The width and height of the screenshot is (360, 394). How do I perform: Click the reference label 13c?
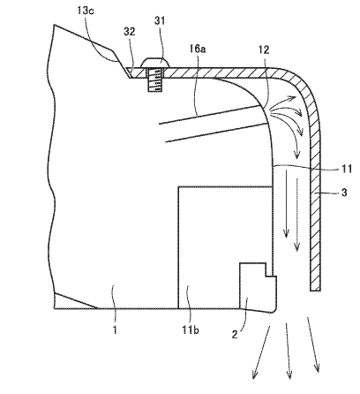pyautogui.click(x=86, y=11)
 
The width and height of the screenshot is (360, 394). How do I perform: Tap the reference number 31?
pyautogui.click(x=160, y=21)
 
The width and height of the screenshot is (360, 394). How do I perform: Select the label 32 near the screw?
pyautogui.click(x=130, y=32)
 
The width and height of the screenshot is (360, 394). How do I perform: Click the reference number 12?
pyautogui.click(x=264, y=50)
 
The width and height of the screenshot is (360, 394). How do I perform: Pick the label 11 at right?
pyautogui.click(x=347, y=169)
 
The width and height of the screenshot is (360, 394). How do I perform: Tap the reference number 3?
pyautogui.click(x=344, y=193)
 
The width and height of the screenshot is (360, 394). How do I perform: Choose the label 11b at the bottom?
pyautogui.click(x=191, y=330)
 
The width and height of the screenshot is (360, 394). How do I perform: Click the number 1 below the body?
pyautogui.click(x=115, y=330)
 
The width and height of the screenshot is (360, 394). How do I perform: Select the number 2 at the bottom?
pyautogui.click(x=235, y=335)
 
